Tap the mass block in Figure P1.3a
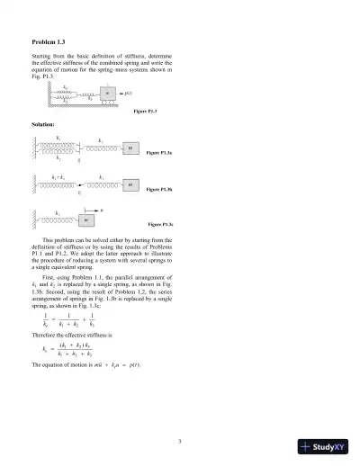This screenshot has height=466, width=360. (130, 148)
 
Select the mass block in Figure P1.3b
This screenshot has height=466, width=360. (130, 184)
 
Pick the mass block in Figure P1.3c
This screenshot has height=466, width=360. (87, 219)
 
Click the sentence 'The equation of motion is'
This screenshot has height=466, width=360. (67, 365)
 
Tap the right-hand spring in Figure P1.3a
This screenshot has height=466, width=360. (102, 148)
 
